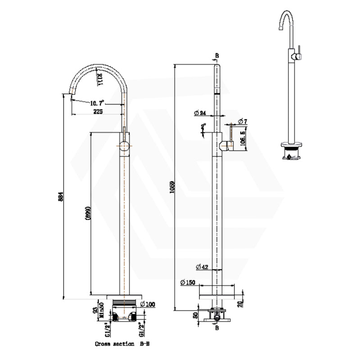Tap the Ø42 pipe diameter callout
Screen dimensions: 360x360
pos(202,267)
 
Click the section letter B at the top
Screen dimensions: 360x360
pos(217,56)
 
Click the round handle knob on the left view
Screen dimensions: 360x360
pos(124,146)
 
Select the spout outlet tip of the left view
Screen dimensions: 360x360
pos(71,94)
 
